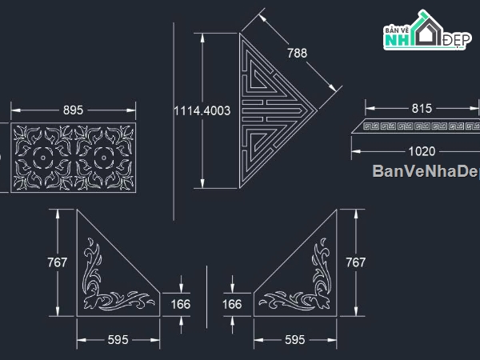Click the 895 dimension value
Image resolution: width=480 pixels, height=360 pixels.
(73, 110)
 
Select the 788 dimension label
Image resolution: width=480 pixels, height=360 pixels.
(297, 53)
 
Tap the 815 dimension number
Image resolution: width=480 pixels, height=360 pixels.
(422, 108)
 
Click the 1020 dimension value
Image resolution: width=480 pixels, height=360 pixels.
(421, 150)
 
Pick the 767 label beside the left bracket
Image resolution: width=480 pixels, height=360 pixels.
(58, 262)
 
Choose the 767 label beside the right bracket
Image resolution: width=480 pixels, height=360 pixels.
(355, 262)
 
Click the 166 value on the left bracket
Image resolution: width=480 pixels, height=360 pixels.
(181, 304)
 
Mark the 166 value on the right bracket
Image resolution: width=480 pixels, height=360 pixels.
(232, 304)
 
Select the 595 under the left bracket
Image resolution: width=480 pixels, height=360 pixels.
(118, 340)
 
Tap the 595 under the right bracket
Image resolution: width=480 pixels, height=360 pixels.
(294, 340)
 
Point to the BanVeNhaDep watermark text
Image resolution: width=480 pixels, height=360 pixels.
(425, 171)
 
